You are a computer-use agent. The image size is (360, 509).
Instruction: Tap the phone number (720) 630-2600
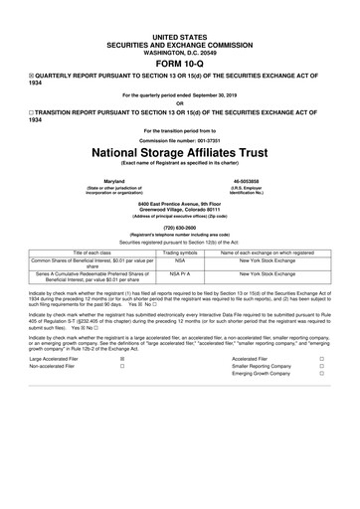(180, 226)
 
